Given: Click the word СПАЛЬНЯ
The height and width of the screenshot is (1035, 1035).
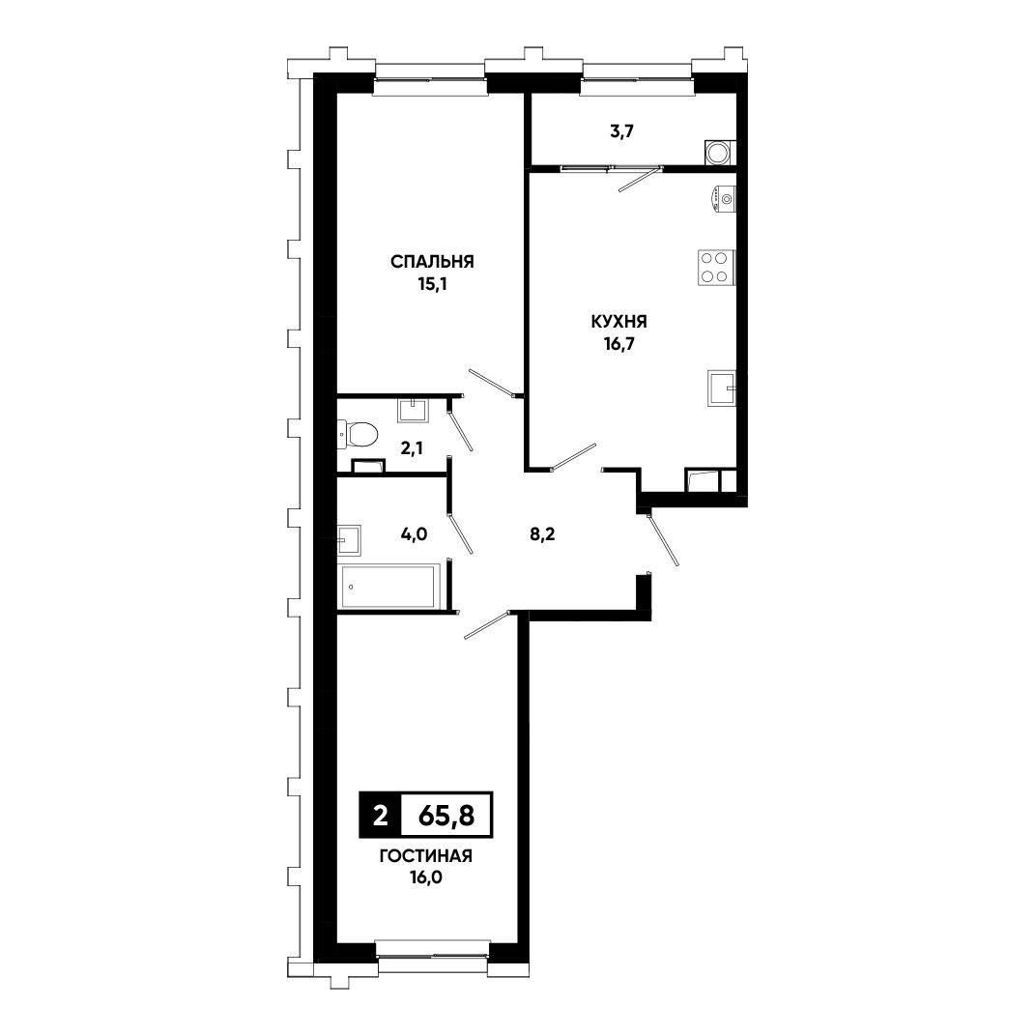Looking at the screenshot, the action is [432, 262].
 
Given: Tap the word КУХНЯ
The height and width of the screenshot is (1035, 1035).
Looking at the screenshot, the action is [618, 322].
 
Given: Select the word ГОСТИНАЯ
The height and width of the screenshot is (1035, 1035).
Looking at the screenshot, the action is [426, 857].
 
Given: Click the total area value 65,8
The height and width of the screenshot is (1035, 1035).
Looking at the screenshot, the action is [446, 817].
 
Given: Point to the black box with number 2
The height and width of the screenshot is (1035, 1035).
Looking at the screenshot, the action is [380, 816].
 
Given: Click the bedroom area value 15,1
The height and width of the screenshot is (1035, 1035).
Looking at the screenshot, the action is [432, 284].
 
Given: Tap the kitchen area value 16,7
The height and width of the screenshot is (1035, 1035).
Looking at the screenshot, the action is [618, 344].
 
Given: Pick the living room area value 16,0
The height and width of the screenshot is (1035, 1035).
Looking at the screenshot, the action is [426, 878].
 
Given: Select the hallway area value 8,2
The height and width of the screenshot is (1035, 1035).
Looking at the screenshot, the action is [542, 534].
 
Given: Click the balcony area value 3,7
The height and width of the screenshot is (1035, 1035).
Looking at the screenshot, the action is [621, 131].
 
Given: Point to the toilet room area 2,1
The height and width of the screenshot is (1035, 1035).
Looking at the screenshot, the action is [412, 448].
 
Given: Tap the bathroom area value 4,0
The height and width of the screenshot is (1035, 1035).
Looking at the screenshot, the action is [414, 534].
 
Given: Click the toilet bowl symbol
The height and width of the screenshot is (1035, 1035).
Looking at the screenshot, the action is [358, 434].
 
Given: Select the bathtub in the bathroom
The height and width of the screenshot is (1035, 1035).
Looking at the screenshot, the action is [388, 587].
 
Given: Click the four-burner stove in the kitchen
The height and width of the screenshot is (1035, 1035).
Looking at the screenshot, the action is [716, 268].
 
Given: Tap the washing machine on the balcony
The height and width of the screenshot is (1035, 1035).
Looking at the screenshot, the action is [717, 153].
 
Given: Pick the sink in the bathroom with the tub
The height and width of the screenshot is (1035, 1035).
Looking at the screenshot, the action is [349, 541].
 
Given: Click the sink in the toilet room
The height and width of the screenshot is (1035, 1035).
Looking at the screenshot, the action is [414, 410].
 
